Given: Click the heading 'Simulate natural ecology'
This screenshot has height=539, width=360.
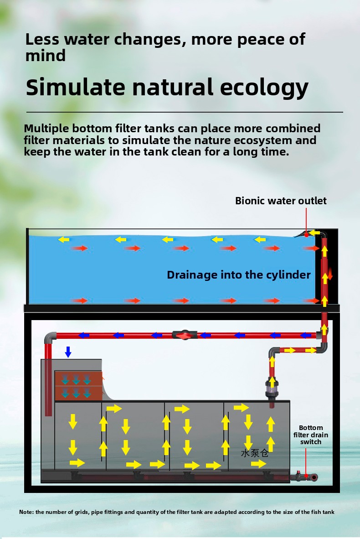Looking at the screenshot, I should click(x=167, y=87).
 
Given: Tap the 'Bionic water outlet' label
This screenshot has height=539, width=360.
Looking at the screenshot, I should click(x=281, y=201).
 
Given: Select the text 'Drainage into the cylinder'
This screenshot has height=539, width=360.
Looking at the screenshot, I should click(x=238, y=275).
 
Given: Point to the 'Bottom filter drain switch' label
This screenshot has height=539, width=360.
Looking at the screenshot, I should click(x=311, y=435).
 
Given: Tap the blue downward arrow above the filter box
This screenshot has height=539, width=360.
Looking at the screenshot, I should click(x=68, y=352).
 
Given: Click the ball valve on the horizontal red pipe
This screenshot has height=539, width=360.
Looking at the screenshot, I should click(x=184, y=335).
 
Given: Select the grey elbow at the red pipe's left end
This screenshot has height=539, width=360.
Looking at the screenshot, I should click(x=50, y=337).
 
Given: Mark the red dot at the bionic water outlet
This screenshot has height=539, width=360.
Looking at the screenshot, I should click(x=306, y=234).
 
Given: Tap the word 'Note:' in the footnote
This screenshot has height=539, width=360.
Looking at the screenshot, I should click(x=26, y=512).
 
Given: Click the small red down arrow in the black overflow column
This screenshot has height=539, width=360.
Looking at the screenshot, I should click(x=330, y=274).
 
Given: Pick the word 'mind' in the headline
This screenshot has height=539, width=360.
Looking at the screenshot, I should click(x=46, y=55).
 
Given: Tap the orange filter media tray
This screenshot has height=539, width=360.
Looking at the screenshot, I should click(x=78, y=385).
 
